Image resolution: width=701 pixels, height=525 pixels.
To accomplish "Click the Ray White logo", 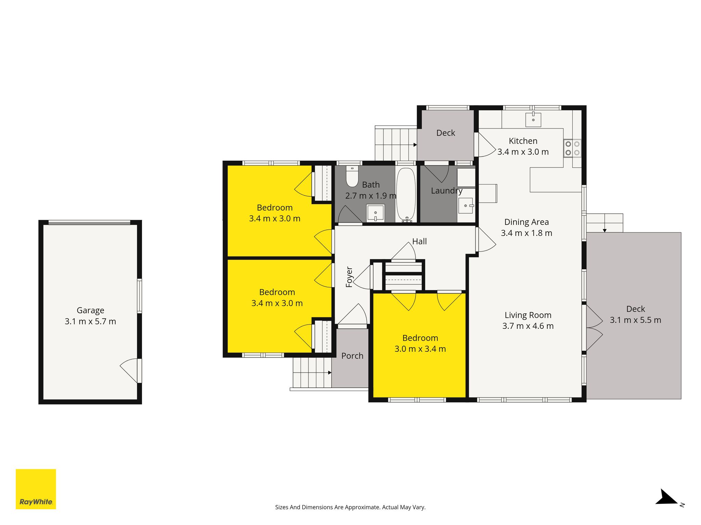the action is point(36,489).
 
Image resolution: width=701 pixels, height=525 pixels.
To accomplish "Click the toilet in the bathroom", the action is point(352,176).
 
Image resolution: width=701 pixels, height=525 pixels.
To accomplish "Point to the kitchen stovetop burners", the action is point(572,148).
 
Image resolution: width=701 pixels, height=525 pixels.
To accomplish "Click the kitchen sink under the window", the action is point(533,120).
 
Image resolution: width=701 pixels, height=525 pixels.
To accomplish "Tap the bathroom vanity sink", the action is point(375,213).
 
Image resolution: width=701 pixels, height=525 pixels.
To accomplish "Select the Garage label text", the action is point(90,311).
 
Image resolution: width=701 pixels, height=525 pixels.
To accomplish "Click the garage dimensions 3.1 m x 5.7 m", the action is point(90,322).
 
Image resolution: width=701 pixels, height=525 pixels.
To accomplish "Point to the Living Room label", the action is point(528,315).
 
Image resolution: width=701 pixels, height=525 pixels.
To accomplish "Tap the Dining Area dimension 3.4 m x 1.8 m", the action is point(526,233).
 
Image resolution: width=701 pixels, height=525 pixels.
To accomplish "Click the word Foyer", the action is point(349,277).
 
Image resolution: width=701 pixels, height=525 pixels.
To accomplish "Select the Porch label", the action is point(352,356).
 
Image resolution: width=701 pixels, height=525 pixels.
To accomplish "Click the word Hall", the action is point(419,241).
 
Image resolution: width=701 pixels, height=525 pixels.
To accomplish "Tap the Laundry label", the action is point(447,191).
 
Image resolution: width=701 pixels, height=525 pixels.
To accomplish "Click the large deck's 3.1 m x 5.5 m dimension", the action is point(636,320).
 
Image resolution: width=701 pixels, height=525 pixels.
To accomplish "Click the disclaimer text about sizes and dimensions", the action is point(350,507).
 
